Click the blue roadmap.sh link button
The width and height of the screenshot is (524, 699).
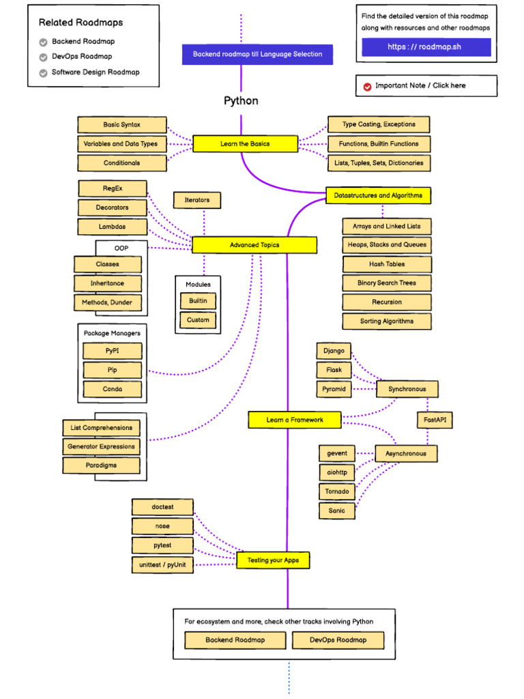(426, 47)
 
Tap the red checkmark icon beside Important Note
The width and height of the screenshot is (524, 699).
(368, 86)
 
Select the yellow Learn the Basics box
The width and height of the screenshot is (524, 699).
(245, 144)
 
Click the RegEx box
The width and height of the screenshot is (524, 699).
(113, 188)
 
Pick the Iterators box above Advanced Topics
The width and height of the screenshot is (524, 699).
(196, 200)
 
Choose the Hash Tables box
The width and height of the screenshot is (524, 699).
(387, 264)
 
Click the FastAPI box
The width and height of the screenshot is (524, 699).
(435, 420)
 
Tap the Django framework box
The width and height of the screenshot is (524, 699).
(334, 351)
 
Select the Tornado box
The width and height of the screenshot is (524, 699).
(337, 491)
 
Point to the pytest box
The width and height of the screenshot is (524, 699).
(162, 545)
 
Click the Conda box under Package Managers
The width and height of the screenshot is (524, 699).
(113, 389)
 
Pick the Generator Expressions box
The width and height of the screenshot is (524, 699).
(101, 446)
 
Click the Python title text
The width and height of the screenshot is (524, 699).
(241, 101)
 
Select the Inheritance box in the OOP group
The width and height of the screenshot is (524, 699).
(108, 283)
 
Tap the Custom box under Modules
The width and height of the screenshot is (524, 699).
(198, 320)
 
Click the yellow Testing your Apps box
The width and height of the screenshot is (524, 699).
(273, 560)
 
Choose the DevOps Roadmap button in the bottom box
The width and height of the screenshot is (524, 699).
(338, 640)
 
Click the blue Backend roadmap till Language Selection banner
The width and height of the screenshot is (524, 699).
(257, 54)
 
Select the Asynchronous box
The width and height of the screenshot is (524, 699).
(406, 453)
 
